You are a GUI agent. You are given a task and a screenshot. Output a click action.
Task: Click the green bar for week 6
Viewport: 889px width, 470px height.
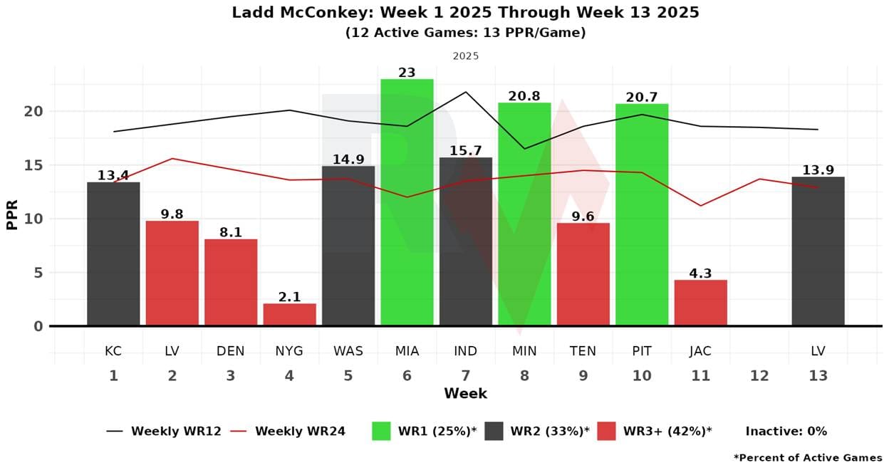point(407,202)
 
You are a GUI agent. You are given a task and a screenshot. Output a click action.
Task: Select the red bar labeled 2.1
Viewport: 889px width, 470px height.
point(289,314)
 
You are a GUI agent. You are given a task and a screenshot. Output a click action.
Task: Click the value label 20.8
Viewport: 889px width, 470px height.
point(524,96)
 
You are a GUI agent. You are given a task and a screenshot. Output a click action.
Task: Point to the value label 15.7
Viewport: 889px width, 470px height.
point(465,151)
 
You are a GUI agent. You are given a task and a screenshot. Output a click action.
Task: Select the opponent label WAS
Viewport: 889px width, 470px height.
point(348,351)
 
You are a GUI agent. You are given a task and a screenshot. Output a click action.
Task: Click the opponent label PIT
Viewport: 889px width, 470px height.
point(642,351)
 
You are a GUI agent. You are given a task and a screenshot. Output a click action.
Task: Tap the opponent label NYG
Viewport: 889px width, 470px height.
point(289,351)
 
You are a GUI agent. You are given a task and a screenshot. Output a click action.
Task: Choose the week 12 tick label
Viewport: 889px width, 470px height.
point(759,375)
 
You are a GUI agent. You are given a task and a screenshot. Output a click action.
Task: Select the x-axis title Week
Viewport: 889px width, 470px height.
point(465,393)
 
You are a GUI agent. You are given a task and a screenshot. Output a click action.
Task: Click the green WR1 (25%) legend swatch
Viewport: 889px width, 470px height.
point(381,431)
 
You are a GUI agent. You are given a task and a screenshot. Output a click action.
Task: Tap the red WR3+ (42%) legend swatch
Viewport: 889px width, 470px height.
point(606,431)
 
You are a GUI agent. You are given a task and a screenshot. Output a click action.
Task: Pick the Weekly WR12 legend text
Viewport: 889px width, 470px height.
point(175,431)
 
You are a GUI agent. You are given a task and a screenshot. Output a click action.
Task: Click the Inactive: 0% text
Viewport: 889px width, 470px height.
point(786,431)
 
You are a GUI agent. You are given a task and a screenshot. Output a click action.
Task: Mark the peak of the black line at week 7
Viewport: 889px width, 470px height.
point(466,92)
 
